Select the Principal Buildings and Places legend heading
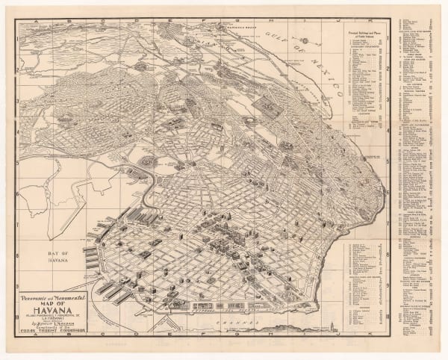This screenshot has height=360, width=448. pos(365,36)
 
